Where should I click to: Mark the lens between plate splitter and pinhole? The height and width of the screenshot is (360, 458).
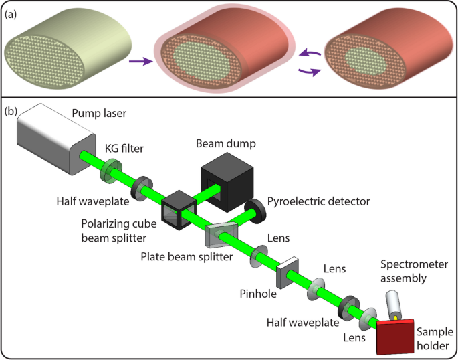click(x=257, y=257)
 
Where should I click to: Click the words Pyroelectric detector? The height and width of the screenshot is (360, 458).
click(x=320, y=199)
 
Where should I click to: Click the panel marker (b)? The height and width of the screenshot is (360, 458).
click(x=11, y=110)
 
